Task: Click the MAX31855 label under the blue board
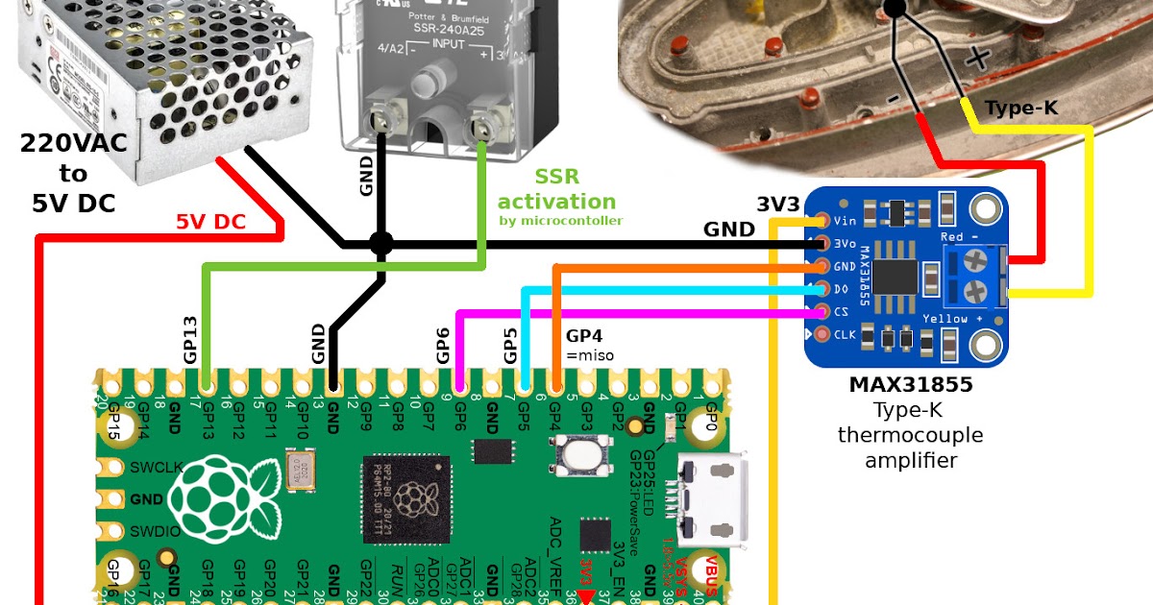910,385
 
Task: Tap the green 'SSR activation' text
556,190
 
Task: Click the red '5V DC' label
209,221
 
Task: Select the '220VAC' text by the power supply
72,145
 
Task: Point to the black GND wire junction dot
381,244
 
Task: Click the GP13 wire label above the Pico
190,339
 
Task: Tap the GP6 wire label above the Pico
443,344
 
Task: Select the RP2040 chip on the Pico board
405,496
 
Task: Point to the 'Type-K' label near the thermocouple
1021,109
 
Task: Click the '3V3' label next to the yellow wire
779,204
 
